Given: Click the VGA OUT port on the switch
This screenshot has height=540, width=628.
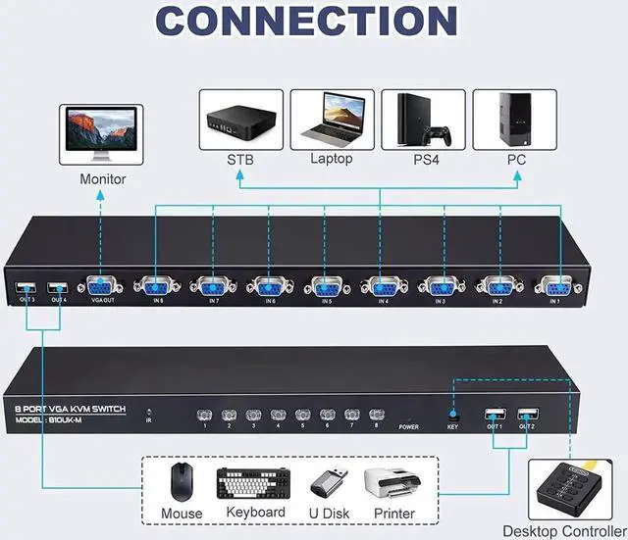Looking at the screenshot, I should click(x=101, y=285).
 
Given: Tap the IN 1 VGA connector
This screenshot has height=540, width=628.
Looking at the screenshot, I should click(x=554, y=285).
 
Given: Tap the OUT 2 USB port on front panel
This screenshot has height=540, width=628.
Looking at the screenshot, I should click(x=527, y=414).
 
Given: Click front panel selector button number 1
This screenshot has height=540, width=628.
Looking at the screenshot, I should click(x=205, y=415).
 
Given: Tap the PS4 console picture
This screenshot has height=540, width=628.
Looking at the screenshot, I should click(x=422, y=121).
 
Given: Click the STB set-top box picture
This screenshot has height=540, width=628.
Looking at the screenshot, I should click(x=240, y=121).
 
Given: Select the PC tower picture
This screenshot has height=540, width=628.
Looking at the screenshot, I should click(x=514, y=121).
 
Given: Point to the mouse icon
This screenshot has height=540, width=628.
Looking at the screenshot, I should click(x=181, y=482).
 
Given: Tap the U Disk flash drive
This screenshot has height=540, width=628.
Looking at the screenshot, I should click(x=326, y=483).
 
